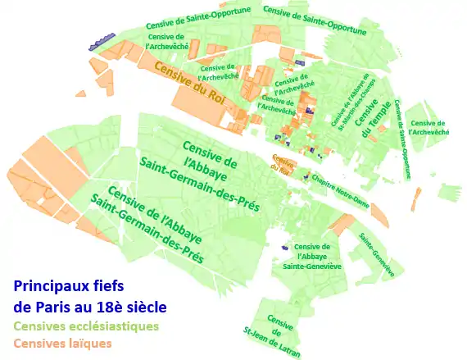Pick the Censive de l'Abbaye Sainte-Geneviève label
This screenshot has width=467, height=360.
311,256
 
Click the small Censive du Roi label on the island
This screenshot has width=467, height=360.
283,163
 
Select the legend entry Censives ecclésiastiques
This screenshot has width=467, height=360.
86,326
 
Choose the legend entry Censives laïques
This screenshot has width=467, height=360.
62,343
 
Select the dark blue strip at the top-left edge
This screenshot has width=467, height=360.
102,41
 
